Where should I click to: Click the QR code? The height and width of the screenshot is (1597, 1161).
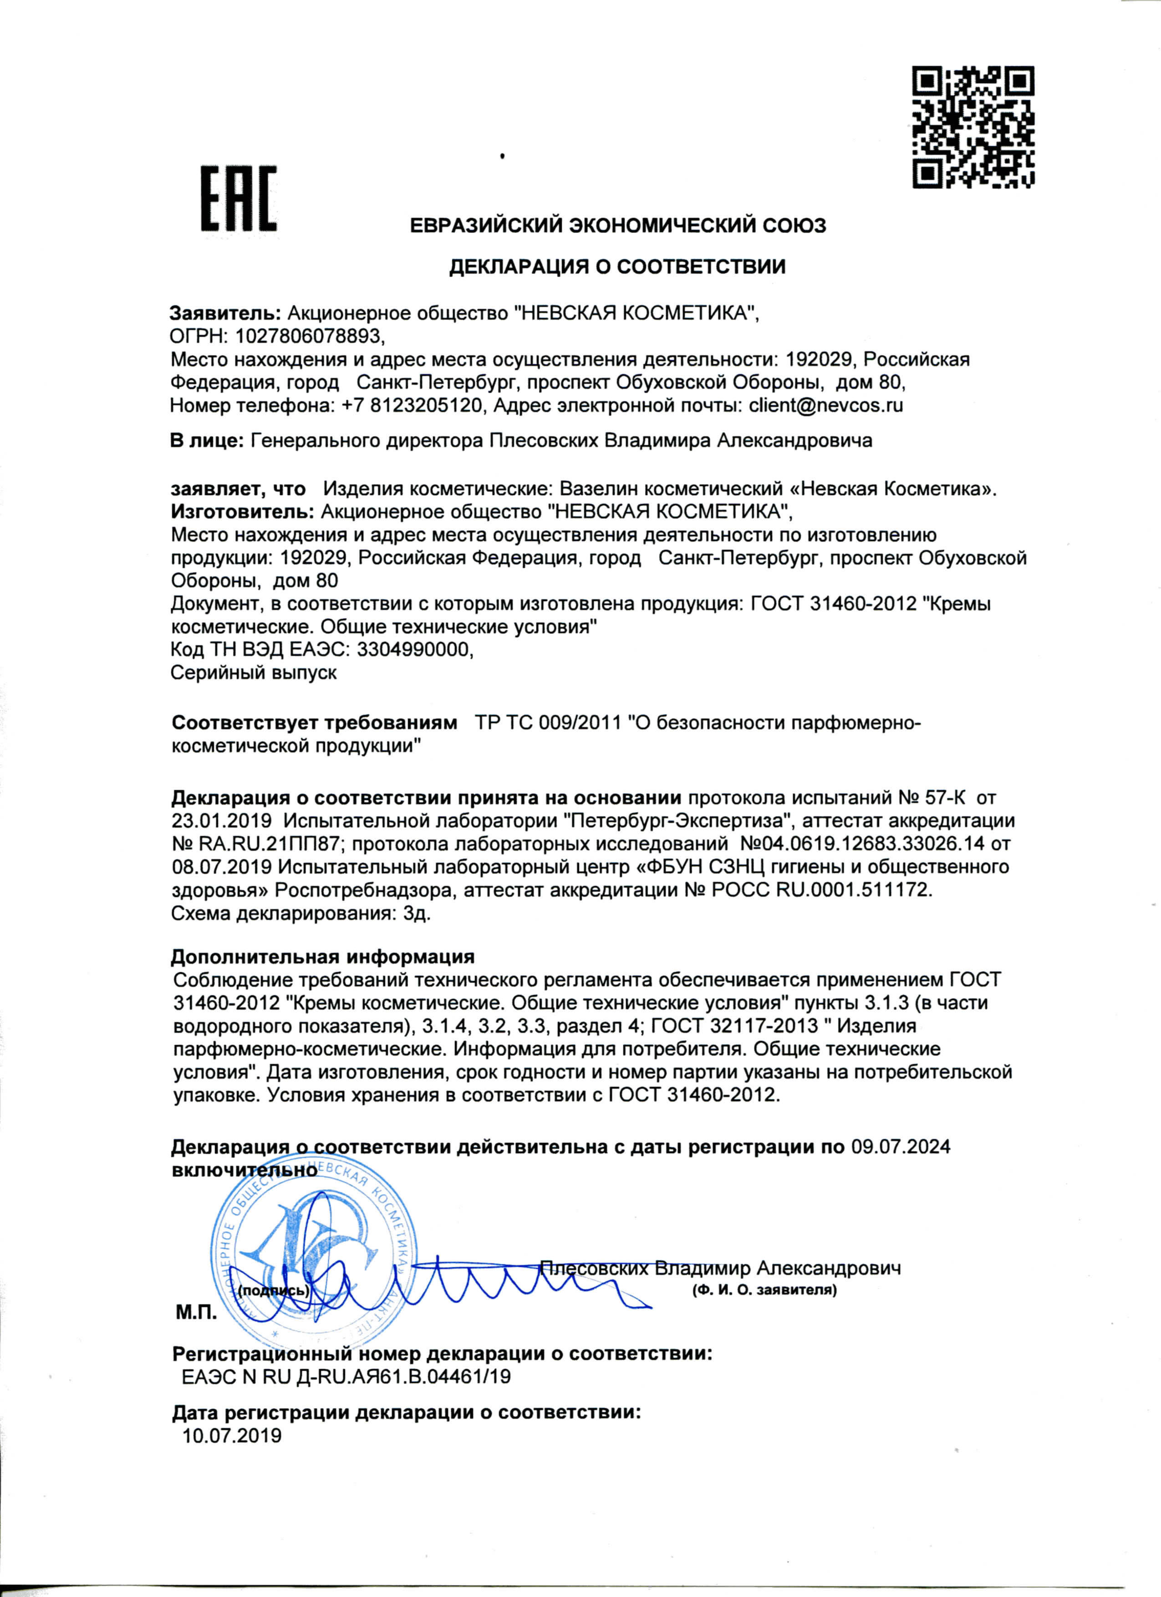click(973, 127)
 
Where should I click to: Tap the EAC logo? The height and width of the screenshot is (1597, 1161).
click(238, 199)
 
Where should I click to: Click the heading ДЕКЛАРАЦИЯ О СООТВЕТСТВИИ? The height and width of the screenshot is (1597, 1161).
click(617, 267)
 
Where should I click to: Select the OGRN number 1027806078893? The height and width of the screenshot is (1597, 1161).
click(309, 336)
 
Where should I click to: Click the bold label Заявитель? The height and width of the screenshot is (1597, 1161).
click(226, 313)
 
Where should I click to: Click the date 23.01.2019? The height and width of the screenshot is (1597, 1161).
click(222, 821)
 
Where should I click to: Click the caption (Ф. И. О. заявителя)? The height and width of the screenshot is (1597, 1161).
click(764, 1291)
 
